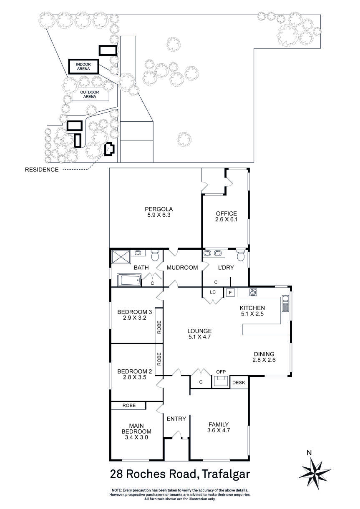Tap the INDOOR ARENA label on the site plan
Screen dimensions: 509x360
83,67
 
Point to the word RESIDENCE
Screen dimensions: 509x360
42,170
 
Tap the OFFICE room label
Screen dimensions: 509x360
226,214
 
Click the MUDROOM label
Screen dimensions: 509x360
182,268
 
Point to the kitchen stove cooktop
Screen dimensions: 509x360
253,292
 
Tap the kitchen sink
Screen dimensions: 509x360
285,303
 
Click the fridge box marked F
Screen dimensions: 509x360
230,293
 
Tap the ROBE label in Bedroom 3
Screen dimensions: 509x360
159,328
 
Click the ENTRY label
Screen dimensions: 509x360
176,419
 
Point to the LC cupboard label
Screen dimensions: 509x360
212,292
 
